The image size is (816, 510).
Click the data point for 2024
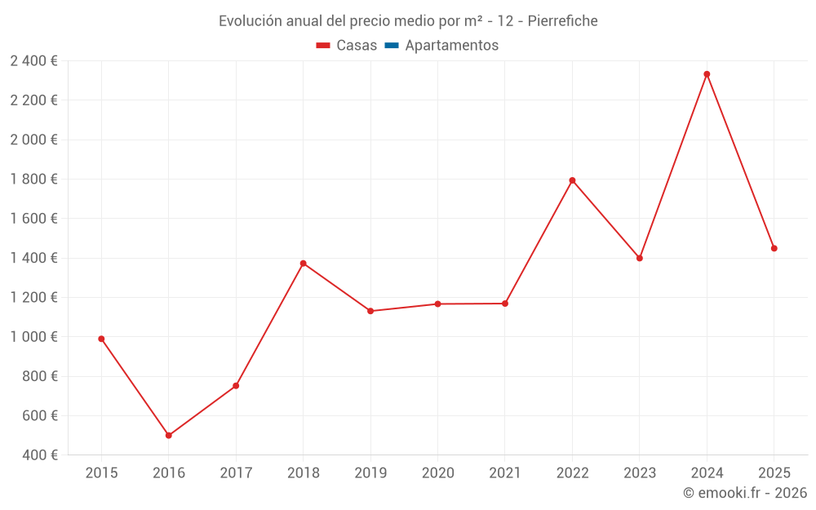tap(707, 74)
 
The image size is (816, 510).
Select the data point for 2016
tap(168, 436)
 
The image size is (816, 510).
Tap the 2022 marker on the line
tap(572, 180)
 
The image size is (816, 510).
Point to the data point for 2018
tap(303, 264)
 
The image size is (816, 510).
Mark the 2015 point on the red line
tap(101, 339)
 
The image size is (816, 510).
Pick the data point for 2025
tap(774, 248)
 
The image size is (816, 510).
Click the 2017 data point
tap(236, 386)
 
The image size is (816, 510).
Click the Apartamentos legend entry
tap(451, 46)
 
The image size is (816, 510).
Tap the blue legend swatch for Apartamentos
tap(391, 46)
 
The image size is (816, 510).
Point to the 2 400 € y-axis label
tap(34, 61)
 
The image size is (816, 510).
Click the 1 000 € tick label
tap(34, 337)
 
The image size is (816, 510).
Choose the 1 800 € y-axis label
tap(34, 180)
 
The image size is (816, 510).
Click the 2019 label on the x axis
tap(370, 473)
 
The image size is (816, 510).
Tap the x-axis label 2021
tap(504, 473)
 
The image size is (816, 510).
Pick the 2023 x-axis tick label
tap(639, 473)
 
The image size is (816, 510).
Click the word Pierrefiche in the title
tap(563, 21)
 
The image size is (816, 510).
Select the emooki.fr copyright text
tap(745, 493)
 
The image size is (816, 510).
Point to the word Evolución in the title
tap(250, 21)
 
